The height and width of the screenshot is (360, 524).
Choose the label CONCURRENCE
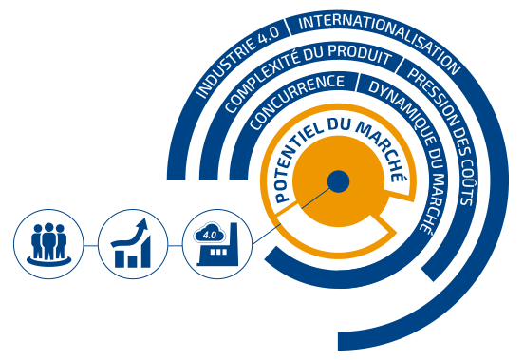point(296,101)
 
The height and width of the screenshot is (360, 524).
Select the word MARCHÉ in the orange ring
point(381,149)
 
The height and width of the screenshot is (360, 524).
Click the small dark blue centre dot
point(338,181)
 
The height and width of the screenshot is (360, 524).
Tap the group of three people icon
point(48,244)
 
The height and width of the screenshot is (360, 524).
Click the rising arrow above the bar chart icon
point(130,234)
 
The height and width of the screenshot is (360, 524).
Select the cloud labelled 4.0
point(209,234)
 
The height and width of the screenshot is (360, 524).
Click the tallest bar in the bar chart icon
point(145,252)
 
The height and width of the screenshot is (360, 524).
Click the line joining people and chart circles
point(90,246)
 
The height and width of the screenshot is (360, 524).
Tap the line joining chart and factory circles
point(175,246)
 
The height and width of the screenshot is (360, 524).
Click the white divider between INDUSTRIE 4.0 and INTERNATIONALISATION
point(288,28)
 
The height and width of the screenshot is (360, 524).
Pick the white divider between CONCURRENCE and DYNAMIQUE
point(357,83)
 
